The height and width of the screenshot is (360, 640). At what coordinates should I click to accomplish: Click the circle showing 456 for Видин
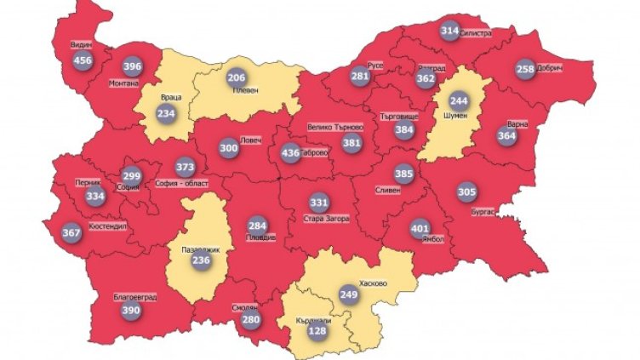[83, 60]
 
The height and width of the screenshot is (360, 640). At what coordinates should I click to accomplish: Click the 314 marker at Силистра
[450, 31]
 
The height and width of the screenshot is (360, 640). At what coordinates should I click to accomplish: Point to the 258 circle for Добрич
[526, 69]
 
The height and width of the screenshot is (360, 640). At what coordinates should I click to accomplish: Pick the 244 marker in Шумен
[459, 100]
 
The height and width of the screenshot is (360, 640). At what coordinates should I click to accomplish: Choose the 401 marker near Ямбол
[420, 229]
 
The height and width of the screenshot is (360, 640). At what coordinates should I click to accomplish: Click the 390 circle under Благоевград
[132, 312]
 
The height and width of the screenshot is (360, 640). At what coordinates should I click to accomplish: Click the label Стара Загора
[324, 219]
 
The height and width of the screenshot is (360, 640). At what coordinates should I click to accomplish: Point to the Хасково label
[374, 283]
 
